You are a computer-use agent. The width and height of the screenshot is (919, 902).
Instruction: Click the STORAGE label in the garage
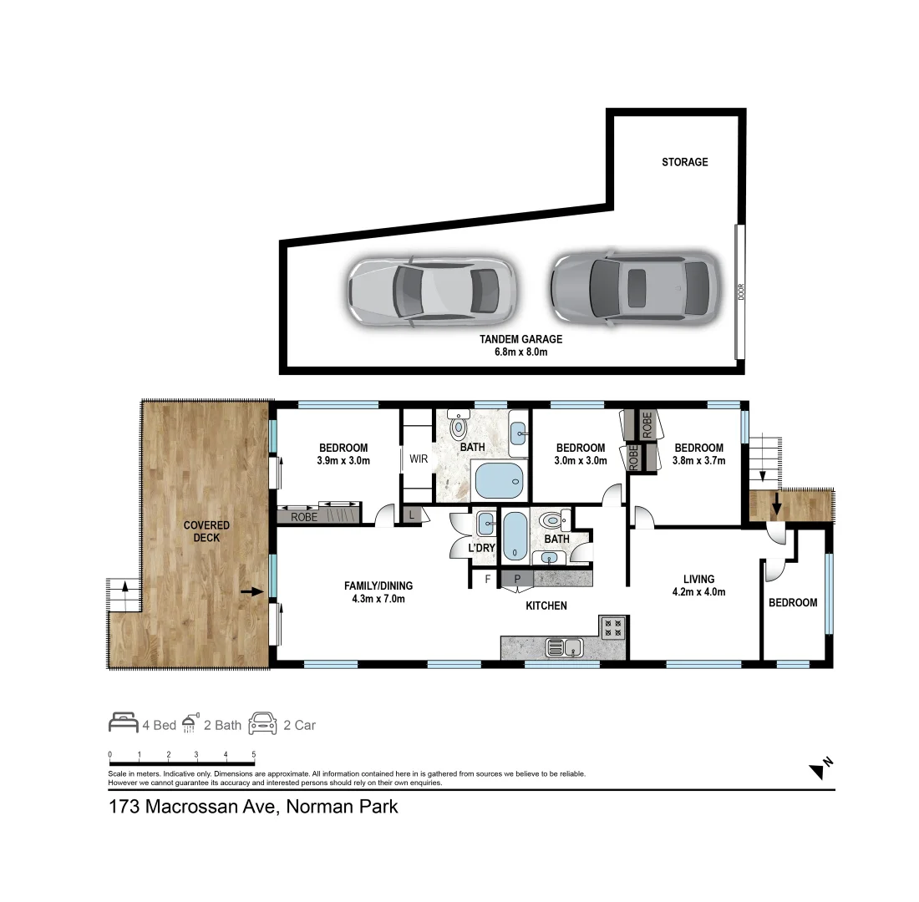click(x=684, y=162)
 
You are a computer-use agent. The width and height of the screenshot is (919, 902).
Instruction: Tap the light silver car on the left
click(x=432, y=290)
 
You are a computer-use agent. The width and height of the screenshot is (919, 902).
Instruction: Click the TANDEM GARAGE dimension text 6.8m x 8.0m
click(x=520, y=352)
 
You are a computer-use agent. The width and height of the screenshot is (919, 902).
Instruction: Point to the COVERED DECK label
click(x=206, y=532)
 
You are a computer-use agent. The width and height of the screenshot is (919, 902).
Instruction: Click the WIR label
click(x=418, y=459)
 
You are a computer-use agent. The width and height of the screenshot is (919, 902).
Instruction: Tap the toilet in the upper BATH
click(x=458, y=427)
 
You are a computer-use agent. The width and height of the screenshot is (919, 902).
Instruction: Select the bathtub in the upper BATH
click(x=500, y=480)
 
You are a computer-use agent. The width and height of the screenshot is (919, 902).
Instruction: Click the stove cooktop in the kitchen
click(x=613, y=627)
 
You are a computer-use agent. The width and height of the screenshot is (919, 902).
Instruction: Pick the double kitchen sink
click(x=565, y=646)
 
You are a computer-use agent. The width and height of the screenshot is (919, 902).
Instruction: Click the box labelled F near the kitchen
click(x=488, y=577)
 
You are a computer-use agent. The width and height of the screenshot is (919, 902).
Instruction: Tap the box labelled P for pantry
click(x=516, y=577)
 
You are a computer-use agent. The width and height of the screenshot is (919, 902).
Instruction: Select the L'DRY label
click(x=482, y=547)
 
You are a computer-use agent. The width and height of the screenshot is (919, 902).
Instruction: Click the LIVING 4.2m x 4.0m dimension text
click(x=698, y=592)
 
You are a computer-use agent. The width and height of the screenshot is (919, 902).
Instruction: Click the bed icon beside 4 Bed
click(x=123, y=723)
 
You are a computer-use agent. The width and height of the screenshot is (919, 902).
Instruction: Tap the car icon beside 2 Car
click(x=262, y=723)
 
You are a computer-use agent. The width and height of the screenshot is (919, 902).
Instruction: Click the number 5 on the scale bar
click(x=253, y=755)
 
